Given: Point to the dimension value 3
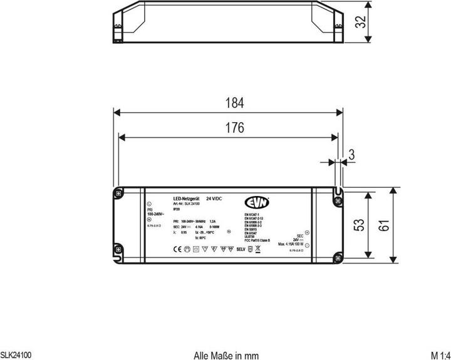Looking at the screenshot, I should point(353,154).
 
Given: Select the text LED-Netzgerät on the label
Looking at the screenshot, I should point(186,198).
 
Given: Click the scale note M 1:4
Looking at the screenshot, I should point(440,354).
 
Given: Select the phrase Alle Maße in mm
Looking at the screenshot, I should point(226,354).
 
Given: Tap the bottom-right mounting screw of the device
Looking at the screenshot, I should point(337,257).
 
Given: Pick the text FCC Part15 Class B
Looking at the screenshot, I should point(258,240).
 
